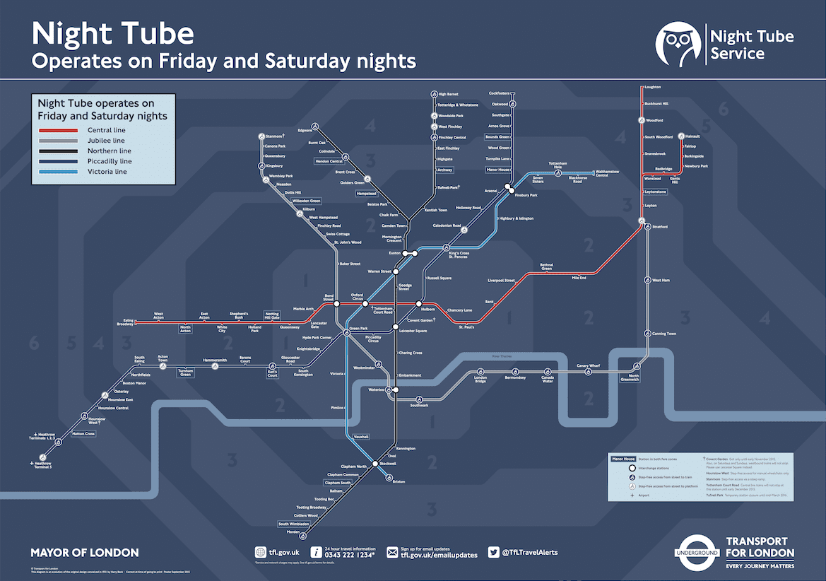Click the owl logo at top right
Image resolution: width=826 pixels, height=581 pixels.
tap(678, 44)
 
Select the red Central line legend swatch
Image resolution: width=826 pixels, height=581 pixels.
tap(58, 131)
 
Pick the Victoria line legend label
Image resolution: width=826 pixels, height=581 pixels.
tap(107, 172)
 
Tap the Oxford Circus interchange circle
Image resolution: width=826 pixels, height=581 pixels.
tap(365, 304)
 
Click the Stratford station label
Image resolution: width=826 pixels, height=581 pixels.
tap(659, 227)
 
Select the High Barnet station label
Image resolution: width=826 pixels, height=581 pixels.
tap(448, 94)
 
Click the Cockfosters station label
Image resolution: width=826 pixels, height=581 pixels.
tap(499, 93)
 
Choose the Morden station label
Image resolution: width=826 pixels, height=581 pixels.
tap(293, 532)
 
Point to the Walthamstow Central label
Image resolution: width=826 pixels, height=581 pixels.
tap(612, 173)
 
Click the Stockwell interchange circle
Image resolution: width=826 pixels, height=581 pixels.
tap(376, 464)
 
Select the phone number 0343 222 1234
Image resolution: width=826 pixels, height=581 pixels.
tap(349, 555)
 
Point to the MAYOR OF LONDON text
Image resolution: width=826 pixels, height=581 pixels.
tap(85, 553)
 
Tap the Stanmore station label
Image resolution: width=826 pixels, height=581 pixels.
tap(274, 135)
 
